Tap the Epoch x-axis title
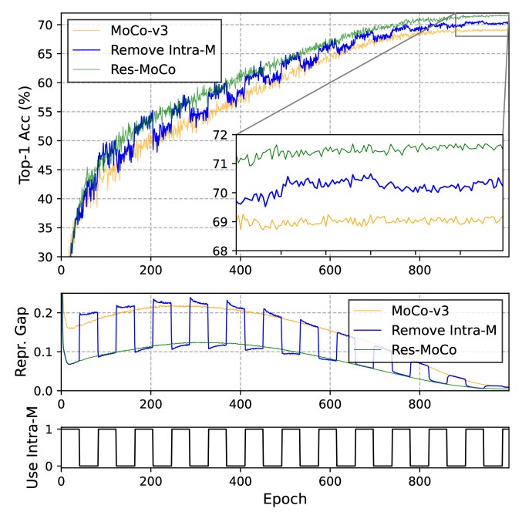(x=285, y=499)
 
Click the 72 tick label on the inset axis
(x=224, y=135)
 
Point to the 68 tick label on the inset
(x=224, y=251)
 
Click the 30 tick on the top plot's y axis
(x=47, y=257)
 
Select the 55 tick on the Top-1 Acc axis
(x=47, y=112)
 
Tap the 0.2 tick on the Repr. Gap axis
(x=44, y=312)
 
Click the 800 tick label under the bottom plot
(x=419, y=481)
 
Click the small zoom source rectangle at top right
(x=482, y=25)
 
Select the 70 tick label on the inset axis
(x=224, y=194)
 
